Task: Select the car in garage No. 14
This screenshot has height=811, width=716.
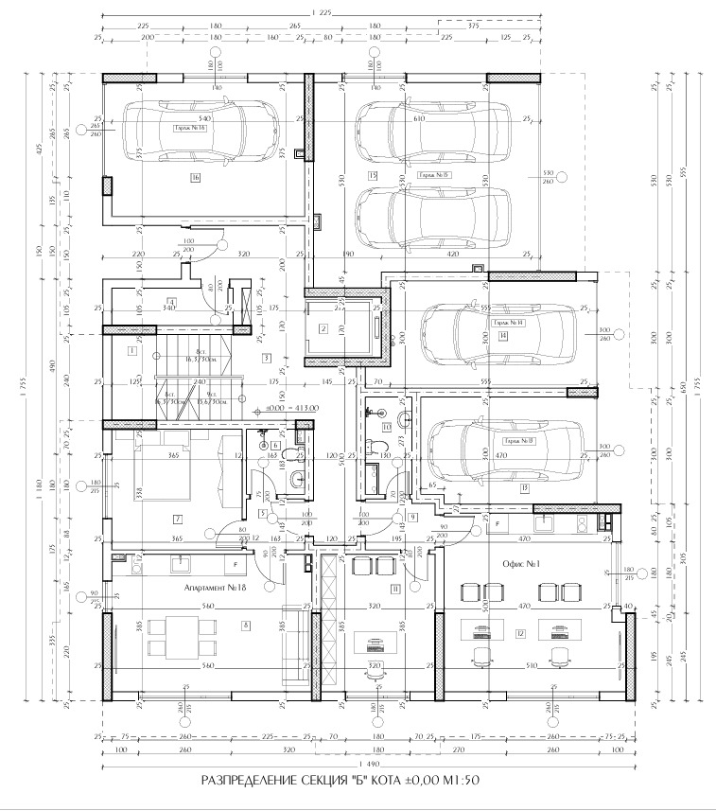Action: (x=498, y=332)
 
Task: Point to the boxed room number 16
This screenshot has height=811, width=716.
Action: (x=195, y=177)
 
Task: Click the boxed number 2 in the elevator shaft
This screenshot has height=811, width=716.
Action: (x=323, y=329)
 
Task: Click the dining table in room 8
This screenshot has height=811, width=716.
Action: (x=179, y=635)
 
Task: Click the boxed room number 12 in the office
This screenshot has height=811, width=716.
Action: (x=519, y=633)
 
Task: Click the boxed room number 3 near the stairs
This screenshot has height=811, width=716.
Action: (x=267, y=358)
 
